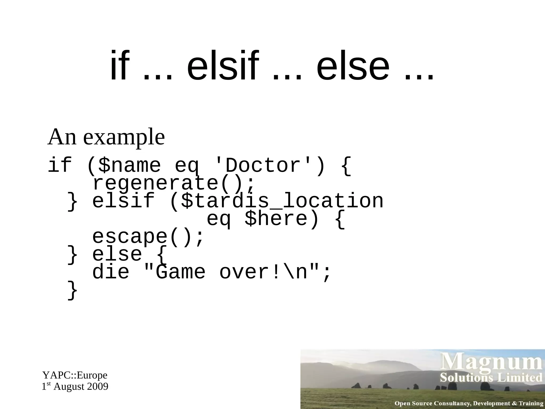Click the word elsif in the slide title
point(223,66)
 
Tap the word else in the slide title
point(353,66)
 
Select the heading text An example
point(106,137)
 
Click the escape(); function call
point(148,237)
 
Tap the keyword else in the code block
point(117,254)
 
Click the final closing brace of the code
point(72,291)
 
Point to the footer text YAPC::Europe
point(75,375)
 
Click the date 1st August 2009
point(75,387)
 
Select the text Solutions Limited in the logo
point(491,378)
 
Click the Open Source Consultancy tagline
point(469,403)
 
